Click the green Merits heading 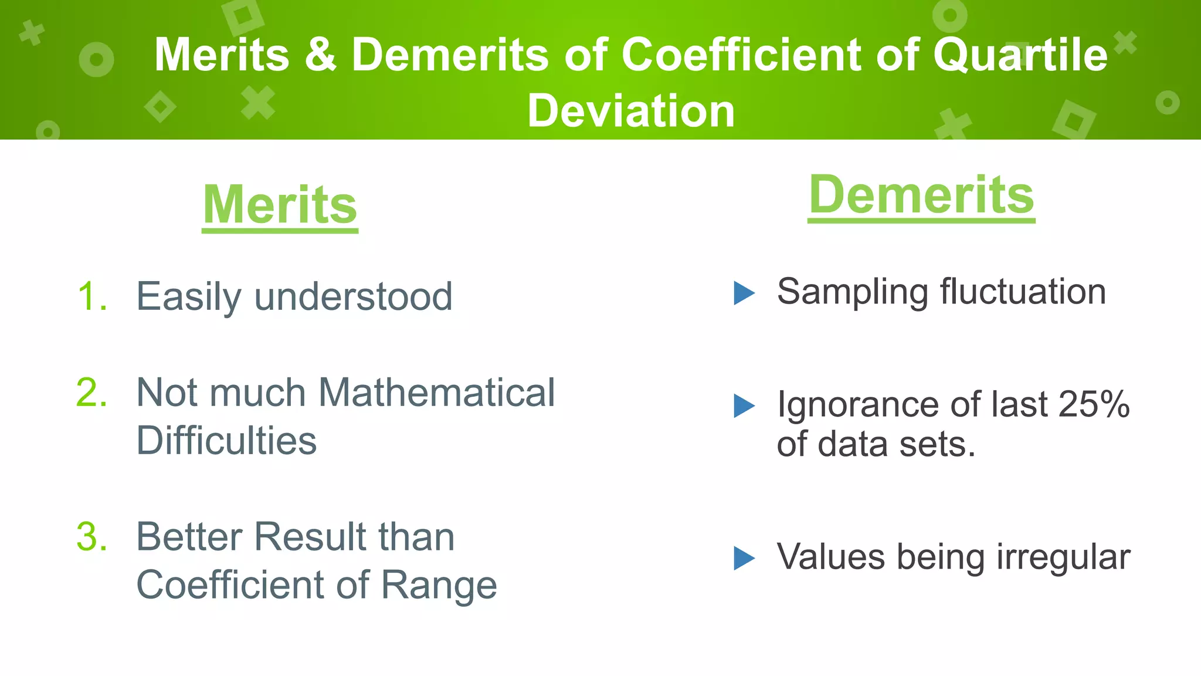click(280, 205)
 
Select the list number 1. click(92, 296)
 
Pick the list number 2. click(92, 392)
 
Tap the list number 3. click(92, 536)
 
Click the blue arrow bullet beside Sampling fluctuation click(744, 293)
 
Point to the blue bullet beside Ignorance click(744, 405)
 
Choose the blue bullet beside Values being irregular click(744, 558)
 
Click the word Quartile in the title click(1020, 55)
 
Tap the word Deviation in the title click(631, 111)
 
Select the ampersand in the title click(320, 55)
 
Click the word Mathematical click(436, 392)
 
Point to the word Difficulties click(226, 441)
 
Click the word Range click(439, 586)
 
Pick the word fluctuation click(1023, 292)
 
